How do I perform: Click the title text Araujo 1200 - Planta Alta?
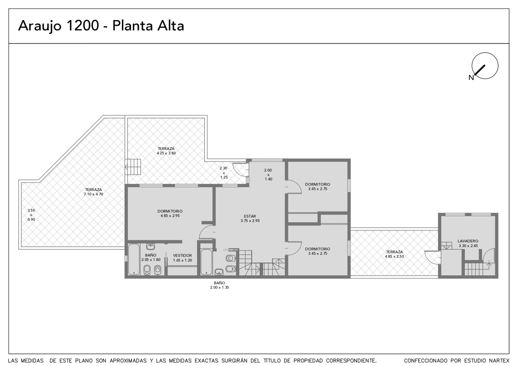101,26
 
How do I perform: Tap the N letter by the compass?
471,78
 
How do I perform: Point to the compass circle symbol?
485,66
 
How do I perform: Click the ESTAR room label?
250,216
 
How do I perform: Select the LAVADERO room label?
468,241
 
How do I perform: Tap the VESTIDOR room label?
183,256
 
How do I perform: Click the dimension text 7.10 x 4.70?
94,194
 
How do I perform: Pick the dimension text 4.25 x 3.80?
166,153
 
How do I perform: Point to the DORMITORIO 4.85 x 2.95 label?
170,213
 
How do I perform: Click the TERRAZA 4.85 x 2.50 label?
394,254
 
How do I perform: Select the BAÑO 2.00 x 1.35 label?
220,285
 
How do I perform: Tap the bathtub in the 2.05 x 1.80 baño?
134,259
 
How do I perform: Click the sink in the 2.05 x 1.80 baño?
151,246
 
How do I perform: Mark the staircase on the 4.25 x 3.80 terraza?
133,167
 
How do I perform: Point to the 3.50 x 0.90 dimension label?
31,215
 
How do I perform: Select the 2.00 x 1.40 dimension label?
268,175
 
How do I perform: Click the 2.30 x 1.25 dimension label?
224,173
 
